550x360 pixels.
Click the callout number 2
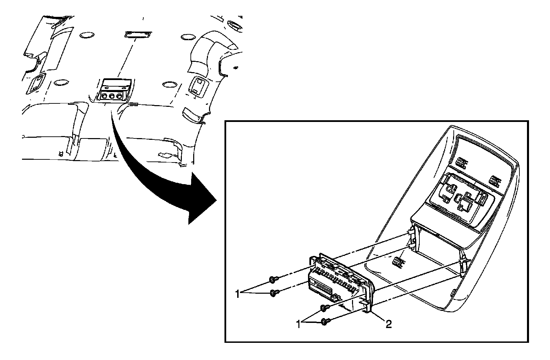(388, 324)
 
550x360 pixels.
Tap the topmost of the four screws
(272, 280)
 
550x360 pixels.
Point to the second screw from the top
(274, 293)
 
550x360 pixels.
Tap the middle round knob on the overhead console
(111, 97)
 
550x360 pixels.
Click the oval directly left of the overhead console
(60, 82)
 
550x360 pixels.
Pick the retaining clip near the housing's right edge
(494, 181)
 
